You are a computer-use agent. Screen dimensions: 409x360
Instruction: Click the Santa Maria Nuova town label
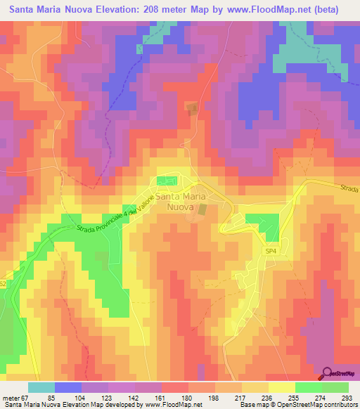pos(183,202)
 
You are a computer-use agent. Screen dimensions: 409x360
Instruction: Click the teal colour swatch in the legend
pos(41,387)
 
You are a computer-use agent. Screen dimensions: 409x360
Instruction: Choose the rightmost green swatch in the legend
pos(335,387)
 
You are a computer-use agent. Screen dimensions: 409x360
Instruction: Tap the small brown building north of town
pos(191,107)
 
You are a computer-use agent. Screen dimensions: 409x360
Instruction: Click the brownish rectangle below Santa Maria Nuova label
pos(202,210)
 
